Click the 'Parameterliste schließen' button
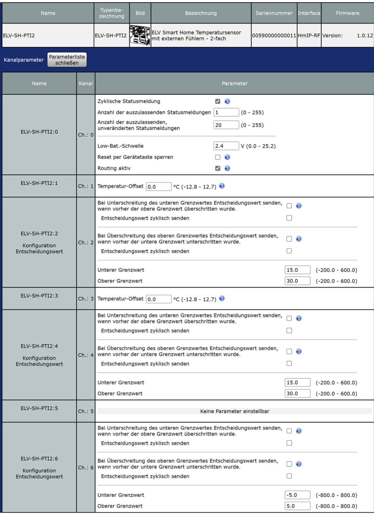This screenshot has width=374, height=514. (x=67, y=60)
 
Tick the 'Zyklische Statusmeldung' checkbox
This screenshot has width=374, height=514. (x=218, y=101)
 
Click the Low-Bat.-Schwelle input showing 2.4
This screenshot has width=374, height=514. (x=226, y=146)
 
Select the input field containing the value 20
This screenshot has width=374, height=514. (x=226, y=125)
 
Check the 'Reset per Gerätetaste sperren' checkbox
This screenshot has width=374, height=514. (x=218, y=157)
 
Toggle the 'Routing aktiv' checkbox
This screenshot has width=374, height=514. (x=218, y=168)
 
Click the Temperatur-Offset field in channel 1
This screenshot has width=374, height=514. (x=158, y=187)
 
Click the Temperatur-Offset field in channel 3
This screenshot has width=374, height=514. (x=158, y=299)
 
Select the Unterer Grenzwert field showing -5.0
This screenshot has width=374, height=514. (x=297, y=495)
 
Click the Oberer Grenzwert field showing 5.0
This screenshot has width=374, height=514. (x=297, y=506)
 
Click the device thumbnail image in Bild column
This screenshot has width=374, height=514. (x=140, y=35)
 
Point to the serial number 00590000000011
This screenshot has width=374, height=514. (x=274, y=35)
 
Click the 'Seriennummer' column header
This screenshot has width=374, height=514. (x=274, y=13)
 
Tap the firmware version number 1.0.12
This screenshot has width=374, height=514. (x=365, y=35)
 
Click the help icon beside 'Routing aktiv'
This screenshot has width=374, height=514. (x=227, y=168)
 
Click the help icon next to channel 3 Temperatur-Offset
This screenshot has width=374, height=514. (x=222, y=298)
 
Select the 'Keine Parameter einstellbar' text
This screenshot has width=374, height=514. (x=235, y=411)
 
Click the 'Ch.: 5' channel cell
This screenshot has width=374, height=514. (x=86, y=411)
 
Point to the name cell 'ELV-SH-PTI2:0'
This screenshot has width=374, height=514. (x=39, y=132)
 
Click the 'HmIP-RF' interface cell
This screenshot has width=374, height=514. (x=309, y=35)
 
